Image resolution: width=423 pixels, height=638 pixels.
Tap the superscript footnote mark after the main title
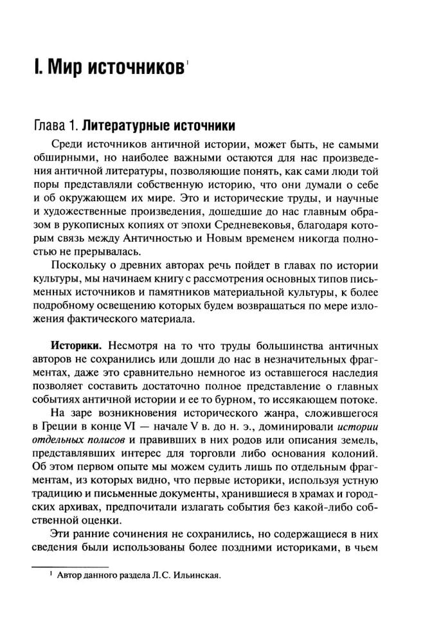(x=187, y=62)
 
